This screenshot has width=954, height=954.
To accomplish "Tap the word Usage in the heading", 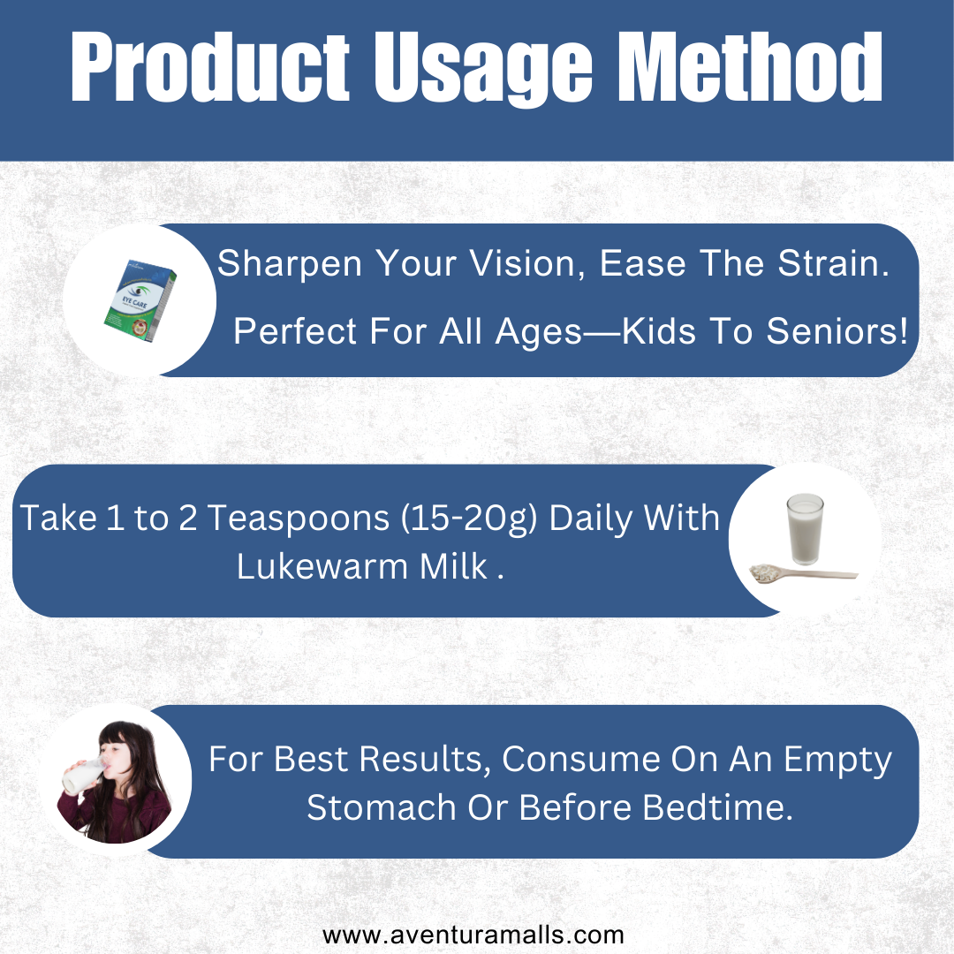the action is point(483,70).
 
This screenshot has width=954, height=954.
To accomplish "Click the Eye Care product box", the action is point(140,300).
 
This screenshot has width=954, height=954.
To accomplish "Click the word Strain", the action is point(834,263).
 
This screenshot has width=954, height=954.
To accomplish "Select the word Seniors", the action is point(837,331).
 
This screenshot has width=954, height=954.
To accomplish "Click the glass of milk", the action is point(805,529).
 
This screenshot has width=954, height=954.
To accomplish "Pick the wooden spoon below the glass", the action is point(803,574).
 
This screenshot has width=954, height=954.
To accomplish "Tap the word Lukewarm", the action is point(322,566).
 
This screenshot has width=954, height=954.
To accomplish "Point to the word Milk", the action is point(454,566).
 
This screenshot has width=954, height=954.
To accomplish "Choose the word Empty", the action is point(837,761).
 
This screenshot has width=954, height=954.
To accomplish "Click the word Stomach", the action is point(382,808).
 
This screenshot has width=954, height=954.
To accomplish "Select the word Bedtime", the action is point(717,808).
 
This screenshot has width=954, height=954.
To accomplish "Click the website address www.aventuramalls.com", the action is point(473,935).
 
